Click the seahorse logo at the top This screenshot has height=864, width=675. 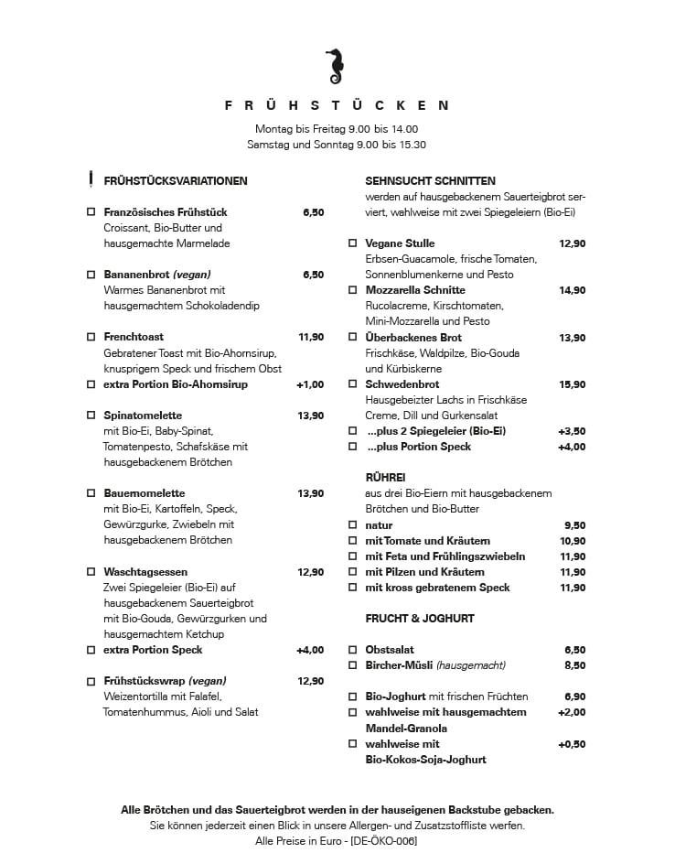point(335,65)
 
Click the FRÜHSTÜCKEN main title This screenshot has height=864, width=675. point(337,106)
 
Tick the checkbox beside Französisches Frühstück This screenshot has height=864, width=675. point(91,212)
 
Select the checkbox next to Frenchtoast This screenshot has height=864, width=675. point(91,337)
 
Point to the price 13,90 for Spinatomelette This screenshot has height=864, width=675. point(310,416)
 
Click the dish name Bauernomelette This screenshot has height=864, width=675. point(145,493)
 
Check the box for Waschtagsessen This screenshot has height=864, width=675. point(91,572)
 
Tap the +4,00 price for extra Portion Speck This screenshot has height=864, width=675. point(309,650)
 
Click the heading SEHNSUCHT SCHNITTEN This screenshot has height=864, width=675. point(430,181)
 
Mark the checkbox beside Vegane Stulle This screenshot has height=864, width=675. point(352,243)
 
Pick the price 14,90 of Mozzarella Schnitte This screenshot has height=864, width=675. point(572,290)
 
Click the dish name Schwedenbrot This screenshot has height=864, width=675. point(402,384)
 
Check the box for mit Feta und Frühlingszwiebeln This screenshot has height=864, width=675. point(352,556)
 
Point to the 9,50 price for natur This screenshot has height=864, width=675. point(574,525)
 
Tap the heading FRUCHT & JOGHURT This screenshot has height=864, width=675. point(419,619)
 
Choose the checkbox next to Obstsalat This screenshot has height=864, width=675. point(352,650)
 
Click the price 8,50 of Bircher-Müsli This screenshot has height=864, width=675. point(574,665)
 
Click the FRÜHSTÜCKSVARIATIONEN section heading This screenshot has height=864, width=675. point(176,181)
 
